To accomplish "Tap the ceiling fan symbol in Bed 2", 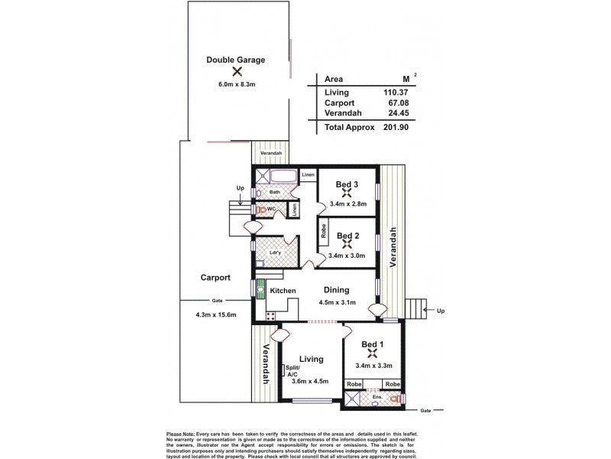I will [x=348, y=245].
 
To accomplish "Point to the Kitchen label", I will [x=283, y=291].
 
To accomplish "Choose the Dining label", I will [x=336, y=290].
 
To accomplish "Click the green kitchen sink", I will [x=260, y=290].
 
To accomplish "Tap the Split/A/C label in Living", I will [x=293, y=372].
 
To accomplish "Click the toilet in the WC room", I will [x=263, y=208].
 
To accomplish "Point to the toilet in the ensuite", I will [x=395, y=399].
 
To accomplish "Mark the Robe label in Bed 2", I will [x=324, y=229].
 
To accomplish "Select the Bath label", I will [x=274, y=192].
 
